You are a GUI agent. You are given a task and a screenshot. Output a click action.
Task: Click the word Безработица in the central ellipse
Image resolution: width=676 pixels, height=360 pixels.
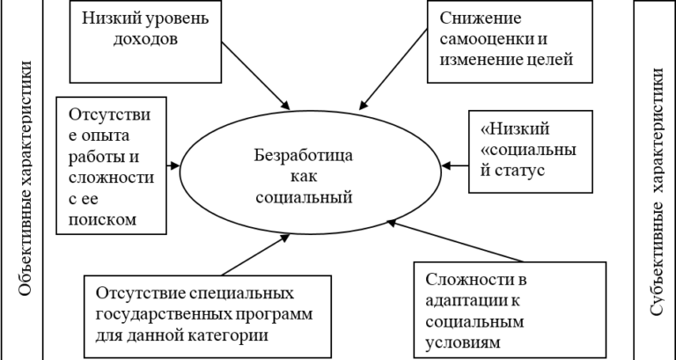pyautogui.click(x=303, y=156)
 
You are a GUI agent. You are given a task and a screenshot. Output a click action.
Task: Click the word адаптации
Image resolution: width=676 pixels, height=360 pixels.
pyautogui.click(x=463, y=301)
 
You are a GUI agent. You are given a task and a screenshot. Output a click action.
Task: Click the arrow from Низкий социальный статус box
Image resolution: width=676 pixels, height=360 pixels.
pyautogui.click(x=457, y=164)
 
